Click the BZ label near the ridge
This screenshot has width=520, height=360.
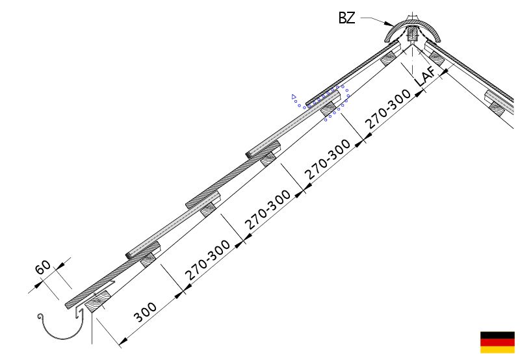click(346, 18)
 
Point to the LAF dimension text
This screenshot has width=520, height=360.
click(426, 76)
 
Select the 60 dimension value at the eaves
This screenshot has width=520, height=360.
click(43, 268)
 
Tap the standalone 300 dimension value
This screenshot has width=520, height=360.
click(145, 313)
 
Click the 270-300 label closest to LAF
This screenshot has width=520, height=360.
click(388, 109)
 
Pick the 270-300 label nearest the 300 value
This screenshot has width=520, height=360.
click(207, 260)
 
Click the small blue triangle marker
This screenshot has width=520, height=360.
click(294, 97)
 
